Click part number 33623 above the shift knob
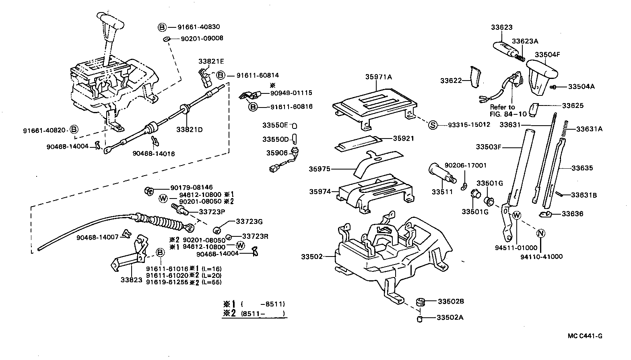click(501, 27)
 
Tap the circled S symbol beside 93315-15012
click(432, 125)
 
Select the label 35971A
click(378, 77)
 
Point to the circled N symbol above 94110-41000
click(541, 233)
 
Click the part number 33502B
click(451, 301)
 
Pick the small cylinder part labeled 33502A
click(419, 319)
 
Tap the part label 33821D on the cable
click(189, 130)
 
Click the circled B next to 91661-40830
click(162, 27)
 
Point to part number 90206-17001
click(465, 165)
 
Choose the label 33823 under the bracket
click(132, 279)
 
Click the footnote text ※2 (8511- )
click(254, 313)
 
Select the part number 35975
click(320, 169)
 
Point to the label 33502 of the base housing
click(311, 256)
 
